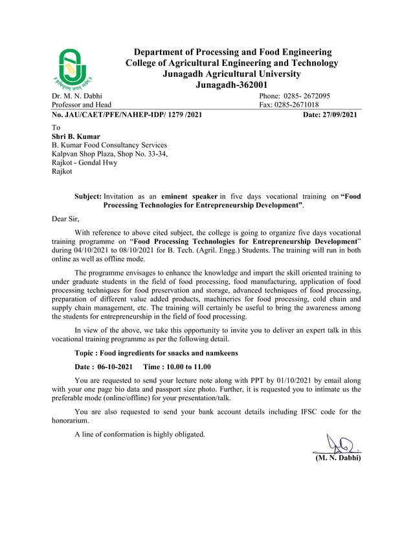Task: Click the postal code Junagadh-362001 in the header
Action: tap(231, 85)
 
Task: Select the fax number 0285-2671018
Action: tap(296, 105)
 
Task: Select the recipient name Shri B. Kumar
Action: tap(76, 136)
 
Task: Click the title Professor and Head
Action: tap(81, 105)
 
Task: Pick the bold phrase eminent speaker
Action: tap(189, 195)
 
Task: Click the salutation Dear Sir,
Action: tap(65, 219)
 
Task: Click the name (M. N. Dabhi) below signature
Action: tap(337, 458)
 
